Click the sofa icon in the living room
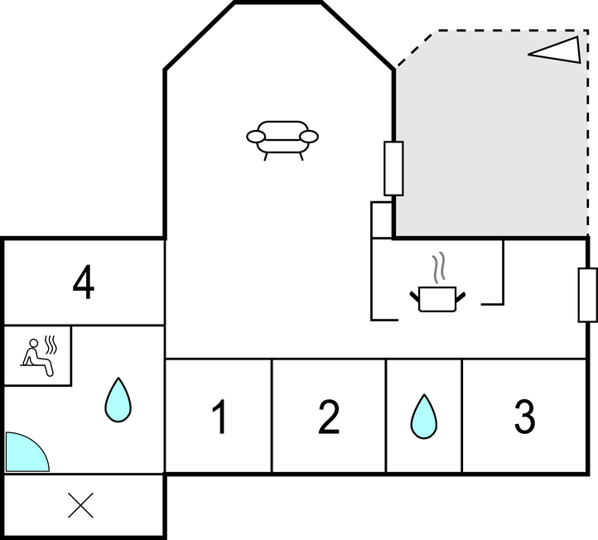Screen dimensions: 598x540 pos(282,140)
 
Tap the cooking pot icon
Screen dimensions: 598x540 pos(437,299)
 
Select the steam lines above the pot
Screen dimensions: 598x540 pos(439,267)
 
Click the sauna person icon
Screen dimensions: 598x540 pos(37,358)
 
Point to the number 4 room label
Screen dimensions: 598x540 pos(84,282)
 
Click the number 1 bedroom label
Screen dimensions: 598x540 pos(220,417)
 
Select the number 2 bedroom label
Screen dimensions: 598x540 pos(328,417)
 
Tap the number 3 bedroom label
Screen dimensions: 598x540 pos(525,417)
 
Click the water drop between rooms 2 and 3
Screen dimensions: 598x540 pos(424,417)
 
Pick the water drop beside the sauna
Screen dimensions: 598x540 pos(118,400)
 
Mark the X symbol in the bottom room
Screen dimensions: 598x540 pos(80,505)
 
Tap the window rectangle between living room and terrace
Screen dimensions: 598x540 pos(393,168)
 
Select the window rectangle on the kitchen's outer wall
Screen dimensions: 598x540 pos(588,295)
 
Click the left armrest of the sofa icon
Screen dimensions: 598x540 pos(256,137)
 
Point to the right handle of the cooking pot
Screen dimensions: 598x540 pos(461,297)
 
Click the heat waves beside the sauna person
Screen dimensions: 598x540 pos(51,345)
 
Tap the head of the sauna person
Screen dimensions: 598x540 pos(34,343)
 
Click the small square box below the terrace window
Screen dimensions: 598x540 pos(381,220)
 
